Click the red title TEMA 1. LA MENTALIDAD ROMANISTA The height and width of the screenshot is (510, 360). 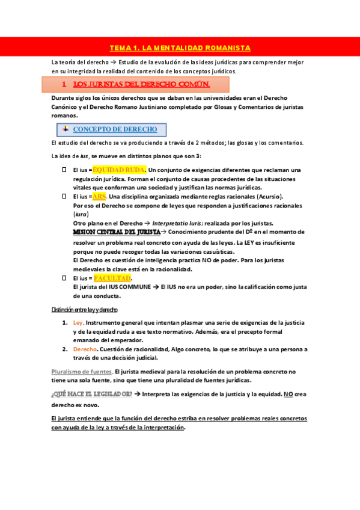180,48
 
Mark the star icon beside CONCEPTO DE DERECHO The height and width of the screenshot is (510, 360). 66,129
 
